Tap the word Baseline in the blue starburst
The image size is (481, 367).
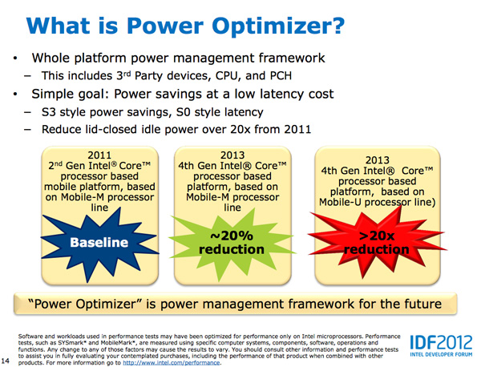(99, 242)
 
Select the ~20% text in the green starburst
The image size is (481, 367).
(232, 236)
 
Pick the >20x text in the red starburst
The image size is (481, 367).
(377, 236)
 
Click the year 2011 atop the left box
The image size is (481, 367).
(99, 155)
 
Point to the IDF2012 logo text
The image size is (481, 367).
(441, 342)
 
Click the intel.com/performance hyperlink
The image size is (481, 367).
(172, 363)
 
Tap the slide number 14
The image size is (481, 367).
(6, 361)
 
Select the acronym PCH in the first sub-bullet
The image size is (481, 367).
(281, 76)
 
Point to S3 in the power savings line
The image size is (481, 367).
(48, 112)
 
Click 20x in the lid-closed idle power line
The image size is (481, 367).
(240, 129)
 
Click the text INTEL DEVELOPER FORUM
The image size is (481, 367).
(441, 354)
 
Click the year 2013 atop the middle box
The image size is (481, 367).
(232, 155)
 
